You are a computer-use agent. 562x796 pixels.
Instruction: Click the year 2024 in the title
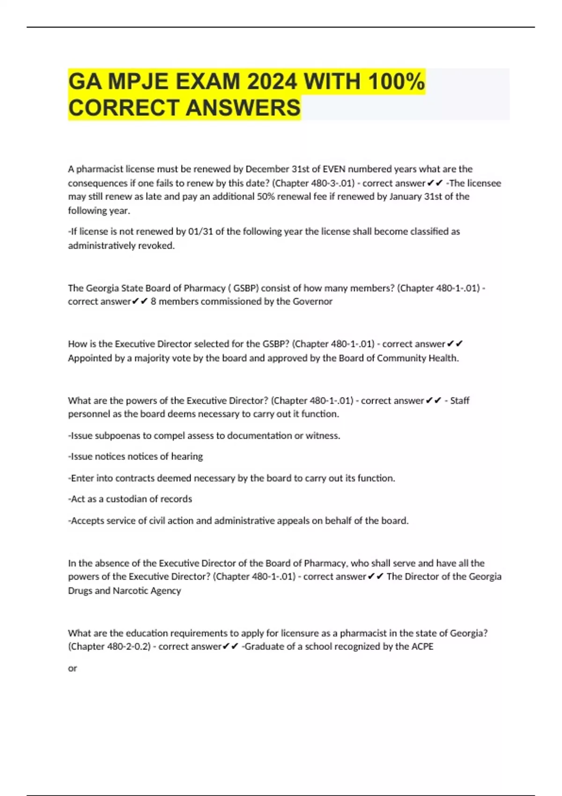[x=272, y=82]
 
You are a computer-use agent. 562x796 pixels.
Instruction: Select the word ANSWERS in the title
[x=243, y=108]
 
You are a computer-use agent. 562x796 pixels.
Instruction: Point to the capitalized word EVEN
[x=334, y=169]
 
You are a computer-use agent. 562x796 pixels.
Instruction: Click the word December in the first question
[x=265, y=169]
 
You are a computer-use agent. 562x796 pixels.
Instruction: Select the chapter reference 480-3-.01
[x=333, y=183]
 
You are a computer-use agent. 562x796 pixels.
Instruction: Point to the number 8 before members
[x=154, y=302]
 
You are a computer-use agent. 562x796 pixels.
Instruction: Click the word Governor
[x=312, y=302]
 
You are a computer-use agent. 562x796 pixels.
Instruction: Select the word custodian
[x=125, y=499]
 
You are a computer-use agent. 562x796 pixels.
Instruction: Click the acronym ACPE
[x=423, y=647]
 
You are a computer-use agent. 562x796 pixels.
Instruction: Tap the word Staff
[x=460, y=401]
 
